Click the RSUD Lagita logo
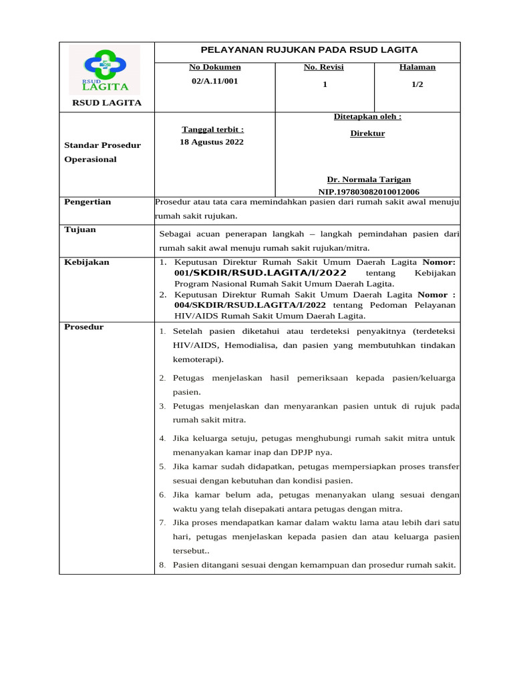point(107,70)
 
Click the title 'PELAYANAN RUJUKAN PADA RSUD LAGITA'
point(309,50)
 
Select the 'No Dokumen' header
point(214,67)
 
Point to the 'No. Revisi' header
point(323,67)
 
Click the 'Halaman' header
point(417,67)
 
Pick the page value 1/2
point(417,84)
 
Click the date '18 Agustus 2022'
point(212,142)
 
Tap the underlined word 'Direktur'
point(367,133)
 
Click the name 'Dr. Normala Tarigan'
point(369,179)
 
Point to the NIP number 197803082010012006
point(369,191)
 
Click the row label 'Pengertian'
point(88,201)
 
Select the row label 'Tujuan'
point(80,229)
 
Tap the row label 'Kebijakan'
point(86,262)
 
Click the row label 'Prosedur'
point(83,326)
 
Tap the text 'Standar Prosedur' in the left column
point(102,144)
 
